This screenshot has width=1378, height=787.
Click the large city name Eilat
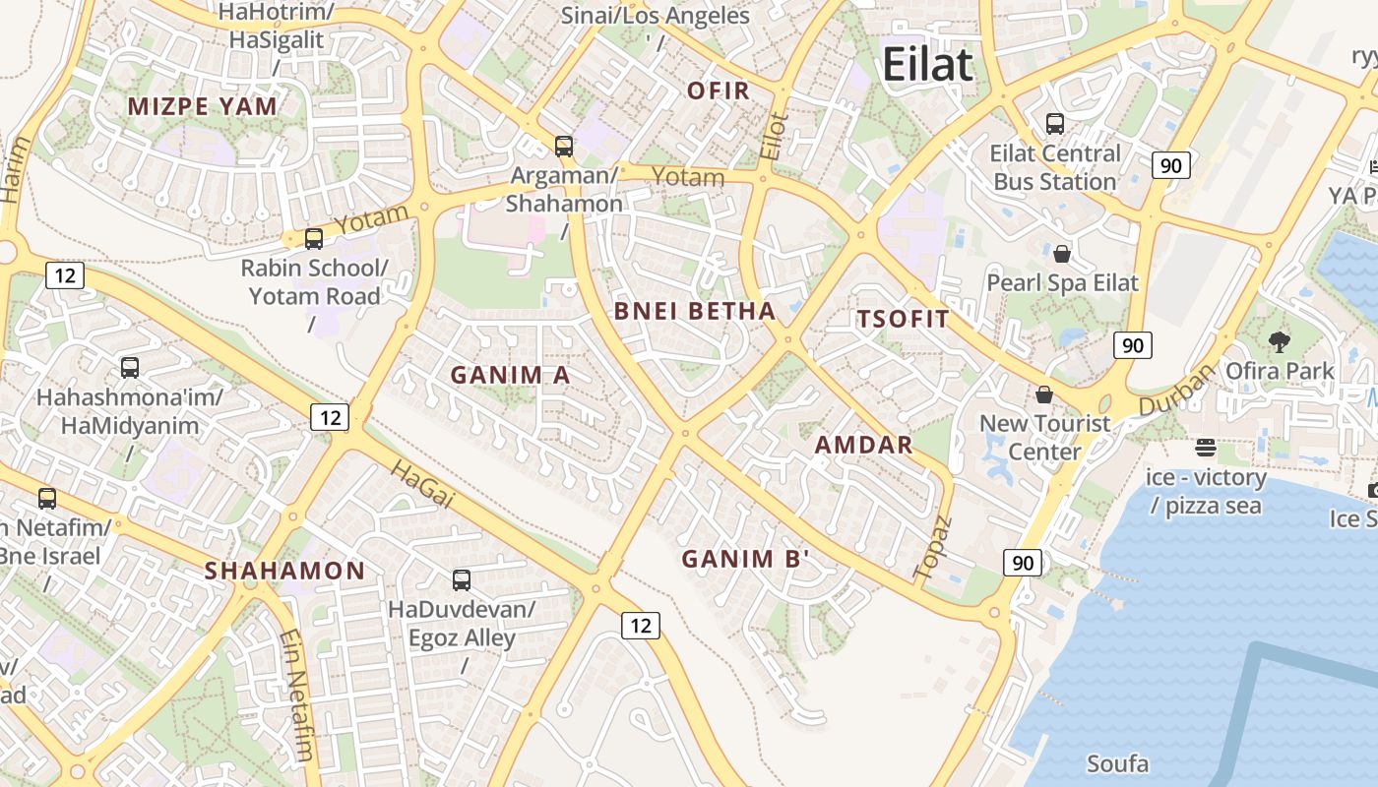[927, 65]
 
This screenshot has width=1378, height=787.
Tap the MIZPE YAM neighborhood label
[203, 106]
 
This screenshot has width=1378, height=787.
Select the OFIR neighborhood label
[719, 91]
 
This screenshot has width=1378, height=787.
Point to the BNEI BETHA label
[695, 312]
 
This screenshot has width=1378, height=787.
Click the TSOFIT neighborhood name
[903, 319]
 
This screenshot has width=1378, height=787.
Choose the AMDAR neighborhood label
[864, 445]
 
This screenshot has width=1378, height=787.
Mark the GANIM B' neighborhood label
[746, 559]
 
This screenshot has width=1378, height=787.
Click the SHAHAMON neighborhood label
[284, 571]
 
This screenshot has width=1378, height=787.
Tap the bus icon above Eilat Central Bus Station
[1055, 124]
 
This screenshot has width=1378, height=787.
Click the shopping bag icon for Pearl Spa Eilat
[1062, 254]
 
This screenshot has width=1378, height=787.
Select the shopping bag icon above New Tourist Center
[1044, 394]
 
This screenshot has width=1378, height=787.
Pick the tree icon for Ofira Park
[1280, 342]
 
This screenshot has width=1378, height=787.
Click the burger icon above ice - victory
[1206, 449]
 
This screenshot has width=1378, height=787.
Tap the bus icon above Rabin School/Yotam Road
[314, 238]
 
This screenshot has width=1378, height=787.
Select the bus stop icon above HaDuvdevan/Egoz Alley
[462, 579]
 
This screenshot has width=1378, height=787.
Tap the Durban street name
[1178, 391]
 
